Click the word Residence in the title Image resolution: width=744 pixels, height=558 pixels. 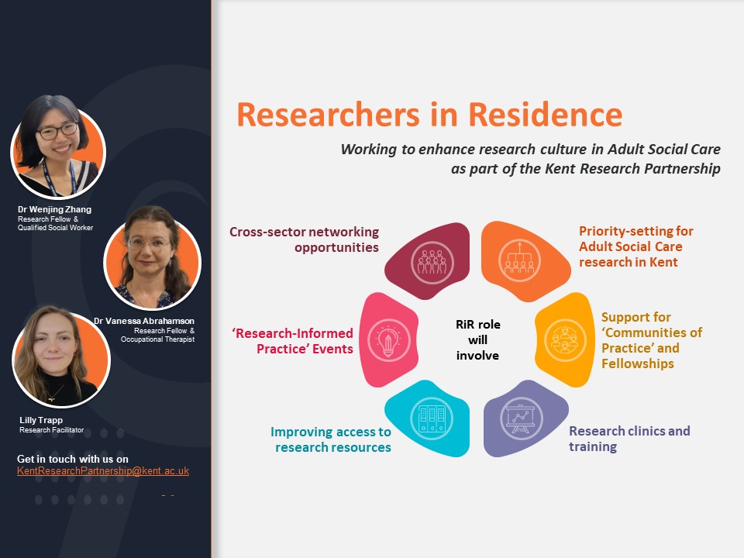(x=545, y=115)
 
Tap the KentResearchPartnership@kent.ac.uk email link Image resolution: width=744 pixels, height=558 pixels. (x=103, y=471)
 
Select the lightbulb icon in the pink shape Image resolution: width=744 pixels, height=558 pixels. (x=388, y=339)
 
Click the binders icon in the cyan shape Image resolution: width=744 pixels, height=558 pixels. (x=432, y=418)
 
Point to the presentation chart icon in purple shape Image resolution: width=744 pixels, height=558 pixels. (x=521, y=418)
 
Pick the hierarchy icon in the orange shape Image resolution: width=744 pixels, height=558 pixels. (x=519, y=260)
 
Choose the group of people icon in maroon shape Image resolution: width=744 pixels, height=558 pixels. (x=432, y=263)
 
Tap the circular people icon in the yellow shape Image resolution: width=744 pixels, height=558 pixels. (x=565, y=339)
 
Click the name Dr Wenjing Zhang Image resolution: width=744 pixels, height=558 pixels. (x=54, y=209)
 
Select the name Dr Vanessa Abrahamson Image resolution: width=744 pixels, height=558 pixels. (x=144, y=321)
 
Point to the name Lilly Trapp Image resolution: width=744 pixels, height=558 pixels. (x=41, y=420)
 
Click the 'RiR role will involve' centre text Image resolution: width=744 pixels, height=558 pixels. (x=478, y=339)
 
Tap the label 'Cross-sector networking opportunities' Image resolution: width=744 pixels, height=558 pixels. (x=304, y=239)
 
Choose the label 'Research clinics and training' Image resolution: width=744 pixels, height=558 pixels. (x=629, y=439)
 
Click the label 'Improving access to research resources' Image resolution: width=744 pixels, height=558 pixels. (x=331, y=439)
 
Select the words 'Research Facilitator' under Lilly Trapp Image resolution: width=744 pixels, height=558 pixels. (x=52, y=430)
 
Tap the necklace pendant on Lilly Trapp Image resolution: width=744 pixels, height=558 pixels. (x=51, y=400)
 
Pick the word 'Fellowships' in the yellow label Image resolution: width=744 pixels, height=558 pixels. (x=638, y=364)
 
